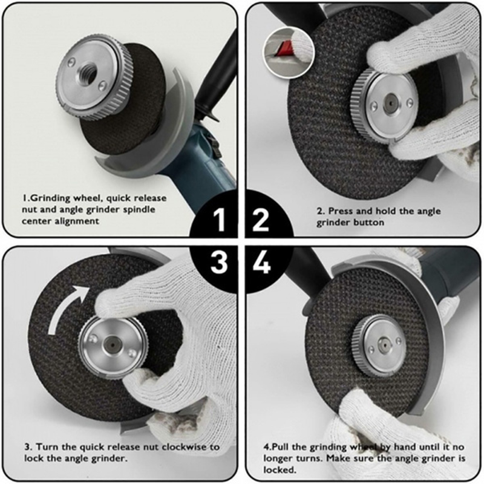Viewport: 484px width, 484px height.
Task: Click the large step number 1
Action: (220, 220)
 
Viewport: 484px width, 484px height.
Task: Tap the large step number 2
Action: (261, 220)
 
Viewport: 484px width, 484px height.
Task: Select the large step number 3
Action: (219, 262)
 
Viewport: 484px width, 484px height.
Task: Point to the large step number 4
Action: (262, 262)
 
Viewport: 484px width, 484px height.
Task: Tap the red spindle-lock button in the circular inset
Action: (284, 49)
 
